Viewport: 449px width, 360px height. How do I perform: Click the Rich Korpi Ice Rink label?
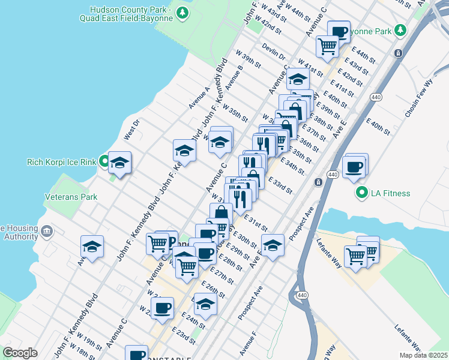click(x=62, y=162)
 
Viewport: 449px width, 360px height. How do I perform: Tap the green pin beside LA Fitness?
click(x=361, y=193)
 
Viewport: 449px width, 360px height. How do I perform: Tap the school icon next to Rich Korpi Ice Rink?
click(x=119, y=163)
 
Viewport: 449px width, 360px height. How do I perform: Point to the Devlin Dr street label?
click(x=274, y=52)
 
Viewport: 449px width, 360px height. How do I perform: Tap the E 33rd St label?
click(x=280, y=185)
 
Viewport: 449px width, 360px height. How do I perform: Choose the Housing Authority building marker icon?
click(x=46, y=230)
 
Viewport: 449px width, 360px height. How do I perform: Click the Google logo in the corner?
click(x=20, y=352)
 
